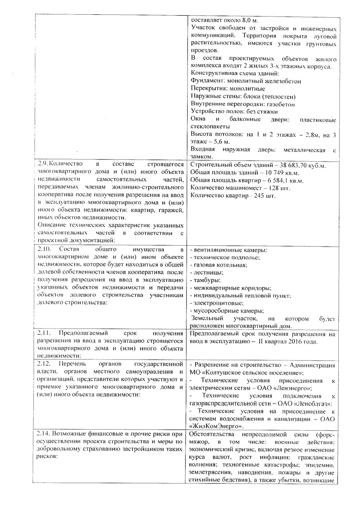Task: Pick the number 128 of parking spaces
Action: click(266, 188)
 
